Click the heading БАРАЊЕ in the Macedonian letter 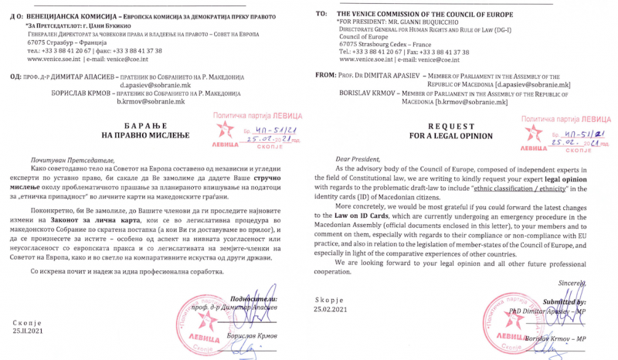pos(127,126)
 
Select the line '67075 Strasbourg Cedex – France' pos(383,43)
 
